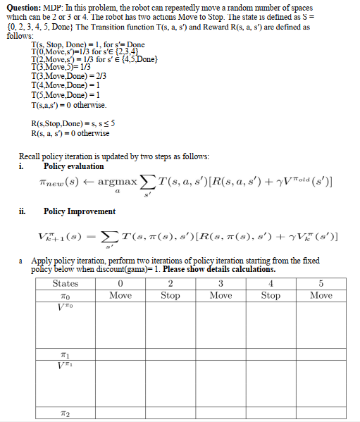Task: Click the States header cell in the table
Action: tap(66, 283)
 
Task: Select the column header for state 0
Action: tap(120, 283)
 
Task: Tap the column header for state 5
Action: tap(321, 283)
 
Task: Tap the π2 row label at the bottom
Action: tap(66, 414)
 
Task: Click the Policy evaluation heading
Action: tap(73, 166)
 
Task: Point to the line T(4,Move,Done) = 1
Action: tap(67, 84)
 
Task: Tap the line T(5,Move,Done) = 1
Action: tap(67, 94)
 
